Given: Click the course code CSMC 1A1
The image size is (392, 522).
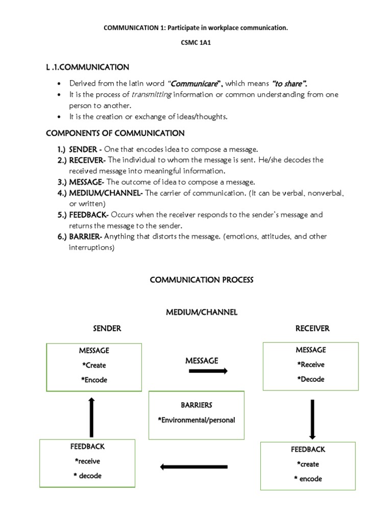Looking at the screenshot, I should [196, 43].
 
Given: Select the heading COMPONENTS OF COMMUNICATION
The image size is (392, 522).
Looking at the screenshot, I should [115, 134].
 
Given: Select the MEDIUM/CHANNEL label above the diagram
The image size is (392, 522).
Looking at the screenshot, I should [202, 312].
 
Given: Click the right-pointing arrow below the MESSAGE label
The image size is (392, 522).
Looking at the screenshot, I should [208, 371].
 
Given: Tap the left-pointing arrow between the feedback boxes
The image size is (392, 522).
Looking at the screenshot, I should [193, 466].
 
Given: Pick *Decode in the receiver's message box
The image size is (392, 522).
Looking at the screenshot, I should [310, 379].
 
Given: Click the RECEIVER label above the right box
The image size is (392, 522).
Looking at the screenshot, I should [312, 329].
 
